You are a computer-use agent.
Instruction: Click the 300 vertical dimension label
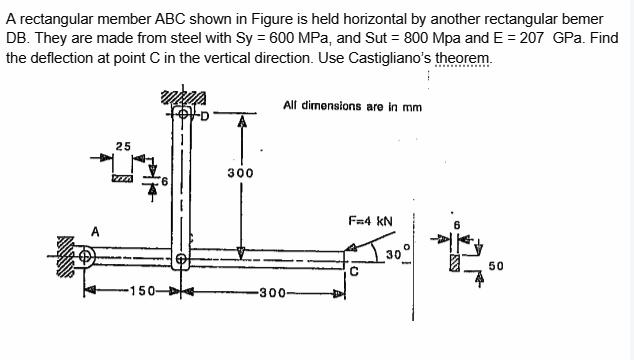click(240, 173)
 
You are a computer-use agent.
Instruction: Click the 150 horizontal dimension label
click(135, 293)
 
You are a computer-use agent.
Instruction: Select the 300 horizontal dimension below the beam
click(272, 293)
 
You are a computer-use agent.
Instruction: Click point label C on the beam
click(354, 271)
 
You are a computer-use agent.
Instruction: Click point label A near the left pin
click(95, 232)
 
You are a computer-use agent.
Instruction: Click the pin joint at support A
click(86, 257)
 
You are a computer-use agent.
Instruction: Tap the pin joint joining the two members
click(181, 259)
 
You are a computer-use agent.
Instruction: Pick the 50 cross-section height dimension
click(496, 267)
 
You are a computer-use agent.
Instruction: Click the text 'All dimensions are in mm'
click(353, 105)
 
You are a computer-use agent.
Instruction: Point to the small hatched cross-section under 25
click(122, 178)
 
